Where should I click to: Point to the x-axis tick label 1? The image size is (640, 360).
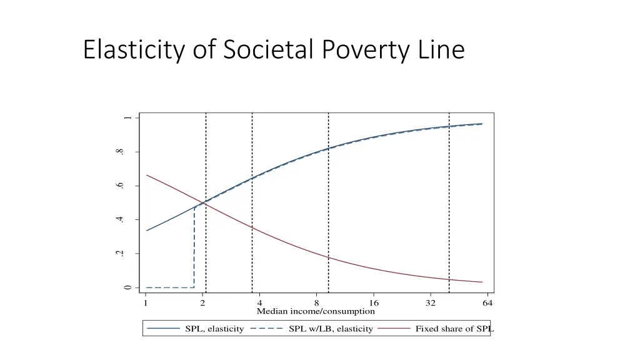(146, 303)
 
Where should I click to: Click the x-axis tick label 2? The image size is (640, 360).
(202, 303)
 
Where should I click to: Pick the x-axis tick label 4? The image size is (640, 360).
(259, 303)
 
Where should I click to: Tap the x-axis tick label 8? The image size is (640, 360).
(316, 303)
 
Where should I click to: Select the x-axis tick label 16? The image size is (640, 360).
(374, 303)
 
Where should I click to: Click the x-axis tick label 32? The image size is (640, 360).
(431, 303)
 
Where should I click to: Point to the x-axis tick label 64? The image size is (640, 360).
(487, 303)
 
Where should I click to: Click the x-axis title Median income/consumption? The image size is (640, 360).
(316, 311)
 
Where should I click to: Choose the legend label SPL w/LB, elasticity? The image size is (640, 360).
(331, 329)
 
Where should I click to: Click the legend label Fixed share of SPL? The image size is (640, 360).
(454, 329)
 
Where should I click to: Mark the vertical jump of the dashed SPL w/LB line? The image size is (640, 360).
(194, 247)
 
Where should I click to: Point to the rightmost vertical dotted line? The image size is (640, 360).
(449, 206)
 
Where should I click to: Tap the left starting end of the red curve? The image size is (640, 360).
(147, 175)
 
